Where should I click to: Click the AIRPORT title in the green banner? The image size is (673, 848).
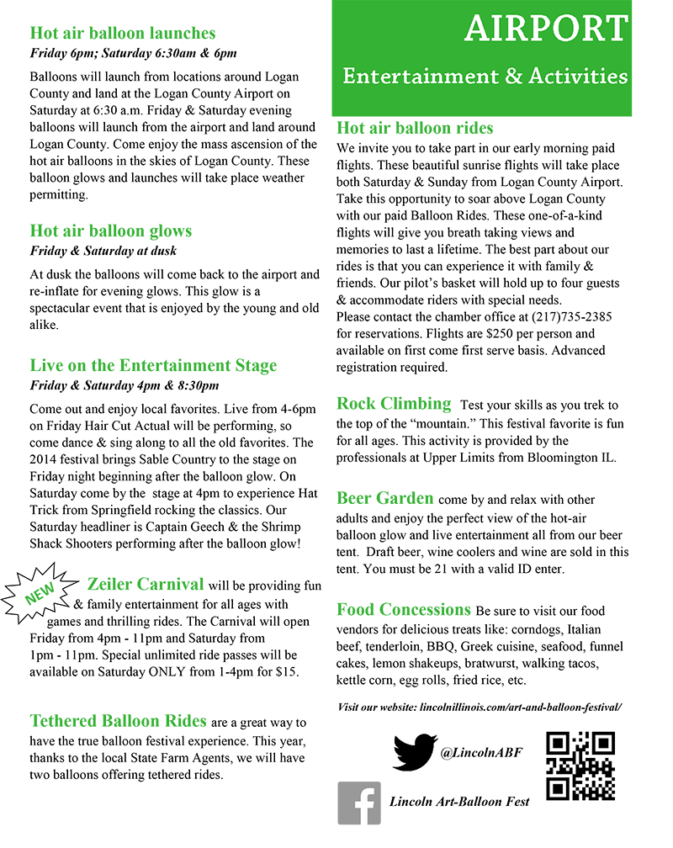pos(546,29)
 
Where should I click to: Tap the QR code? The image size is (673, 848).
pos(580,766)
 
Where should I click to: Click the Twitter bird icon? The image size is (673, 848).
pos(415,752)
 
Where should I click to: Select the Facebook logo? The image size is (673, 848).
pos(359,803)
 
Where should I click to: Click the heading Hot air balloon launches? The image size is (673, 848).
pos(123,34)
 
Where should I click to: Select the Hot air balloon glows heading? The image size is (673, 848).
pos(111,231)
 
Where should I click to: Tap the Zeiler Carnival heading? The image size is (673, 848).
pos(146,584)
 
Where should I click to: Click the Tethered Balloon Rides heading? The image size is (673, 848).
pos(118,721)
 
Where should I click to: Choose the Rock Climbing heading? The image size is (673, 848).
pos(394,403)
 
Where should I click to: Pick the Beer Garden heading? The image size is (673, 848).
pos(385,498)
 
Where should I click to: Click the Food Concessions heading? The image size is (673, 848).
pos(404,609)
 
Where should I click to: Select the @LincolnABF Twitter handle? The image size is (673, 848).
pos(481,752)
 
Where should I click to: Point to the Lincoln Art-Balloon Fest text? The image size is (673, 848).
pos(459,802)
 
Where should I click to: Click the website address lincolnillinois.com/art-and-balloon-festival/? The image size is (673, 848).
pos(520,708)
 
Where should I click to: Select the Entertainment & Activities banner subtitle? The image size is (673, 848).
pos(485,76)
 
